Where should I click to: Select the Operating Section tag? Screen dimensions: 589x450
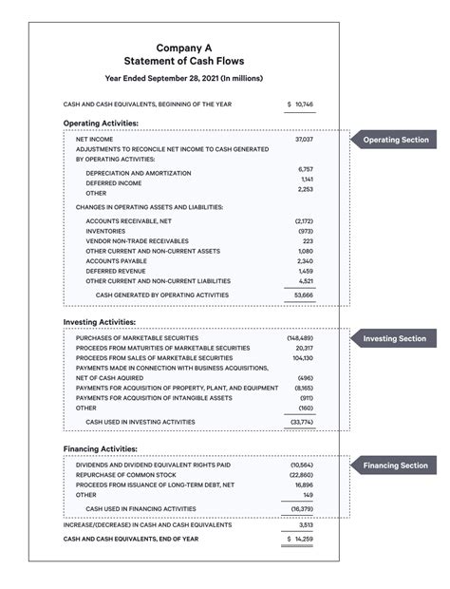pos(395,140)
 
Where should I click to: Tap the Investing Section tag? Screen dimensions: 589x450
pos(395,338)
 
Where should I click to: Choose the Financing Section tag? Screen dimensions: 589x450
pos(395,465)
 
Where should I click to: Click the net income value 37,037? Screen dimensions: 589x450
pos(304,139)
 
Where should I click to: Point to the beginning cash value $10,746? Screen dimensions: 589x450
pos(300,104)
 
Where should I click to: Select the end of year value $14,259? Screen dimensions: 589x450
pos(300,539)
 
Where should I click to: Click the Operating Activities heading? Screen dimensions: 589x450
pos(101,123)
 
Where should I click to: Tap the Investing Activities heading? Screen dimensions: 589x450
pos(100,322)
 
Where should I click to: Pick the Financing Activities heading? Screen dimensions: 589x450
pos(101,448)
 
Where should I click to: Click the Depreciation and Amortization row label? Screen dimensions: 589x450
pos(138,173)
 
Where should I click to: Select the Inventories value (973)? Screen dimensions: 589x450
pos(304,231)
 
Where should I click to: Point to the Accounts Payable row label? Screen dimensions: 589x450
pos(119,260)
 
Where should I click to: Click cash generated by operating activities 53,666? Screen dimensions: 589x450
pos(303,295)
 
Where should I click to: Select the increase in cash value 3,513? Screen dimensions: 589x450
pos(306,524)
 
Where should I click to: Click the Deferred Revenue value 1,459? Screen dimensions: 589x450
pos(305,271)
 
